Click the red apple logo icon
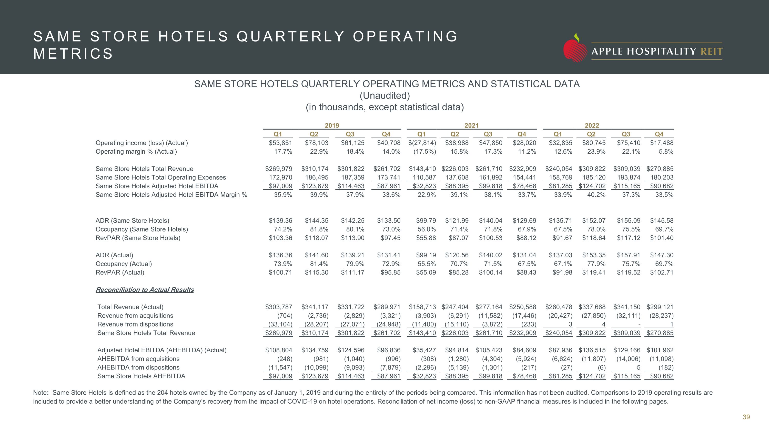[x=575, y=49]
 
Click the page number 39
[x=746, y=417]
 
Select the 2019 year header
[x=332, y=125]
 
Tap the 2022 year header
[x=592, y=125]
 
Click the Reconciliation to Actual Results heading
[x=145, y=289]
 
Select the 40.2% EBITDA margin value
[x=596, y=195]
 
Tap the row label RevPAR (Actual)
[x=120, y=272]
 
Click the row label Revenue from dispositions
[x=135, y=324]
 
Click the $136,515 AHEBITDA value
[x=592, y=350]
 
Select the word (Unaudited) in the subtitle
[x=385, y=96]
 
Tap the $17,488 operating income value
[x=662, y=143]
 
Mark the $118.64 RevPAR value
[x=593, y=238]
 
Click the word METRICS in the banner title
[x=73, y=54]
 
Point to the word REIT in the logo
[x=711, y=51]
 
